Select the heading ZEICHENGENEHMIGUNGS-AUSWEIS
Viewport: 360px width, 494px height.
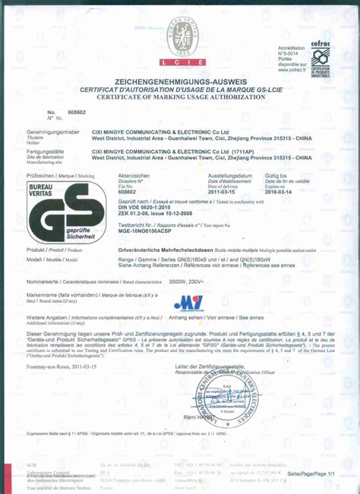[179, 81]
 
